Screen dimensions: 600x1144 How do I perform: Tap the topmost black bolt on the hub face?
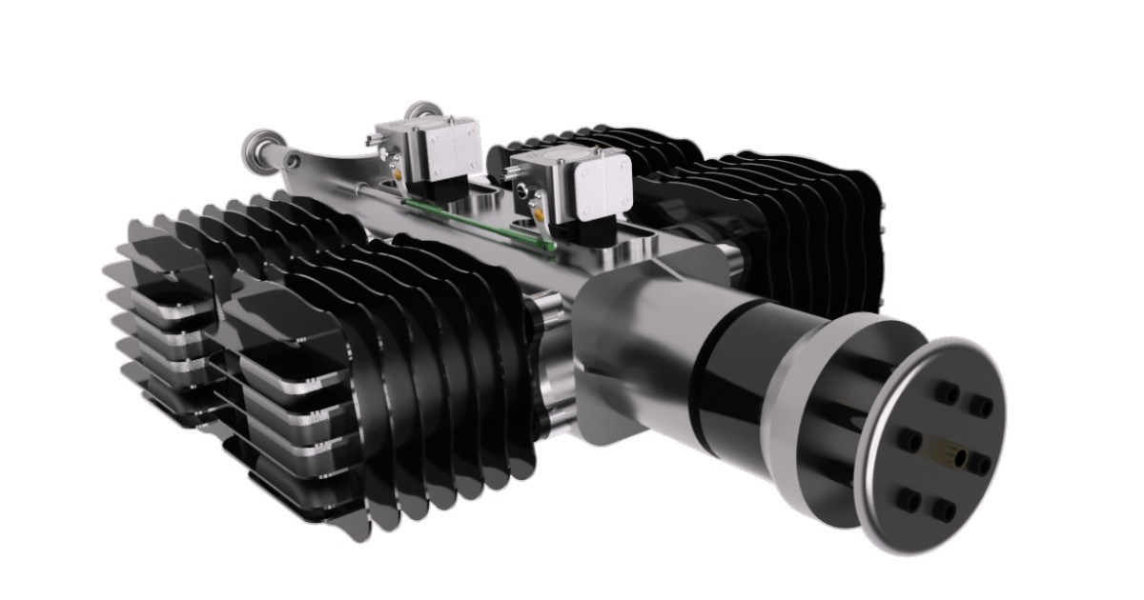[x=948, y=391]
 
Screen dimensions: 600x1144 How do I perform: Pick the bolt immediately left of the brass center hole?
[x=910, y=440]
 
